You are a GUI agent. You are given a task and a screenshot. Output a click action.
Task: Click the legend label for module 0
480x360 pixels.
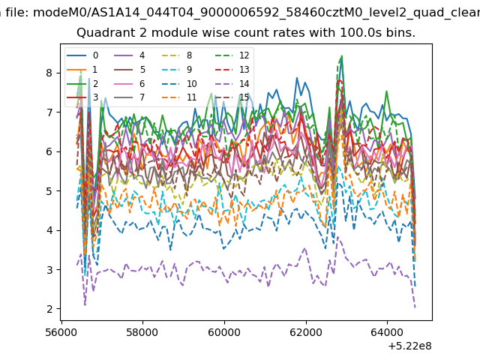pyautogui.click(x=95, y=55)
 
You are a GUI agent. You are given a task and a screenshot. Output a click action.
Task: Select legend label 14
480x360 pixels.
pyautogui.click(x=244, y=83)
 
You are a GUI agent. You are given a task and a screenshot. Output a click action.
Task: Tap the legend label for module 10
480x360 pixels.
pyautogui.click(x=192, y=83)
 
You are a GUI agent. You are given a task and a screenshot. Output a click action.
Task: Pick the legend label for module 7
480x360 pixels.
pyautogui.click(x=142, y=97)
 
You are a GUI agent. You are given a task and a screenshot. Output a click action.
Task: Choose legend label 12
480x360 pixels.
pyautogui.click(x=244, y=55)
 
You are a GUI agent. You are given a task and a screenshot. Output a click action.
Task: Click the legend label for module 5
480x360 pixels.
pyautogui.click(x=142, y=70)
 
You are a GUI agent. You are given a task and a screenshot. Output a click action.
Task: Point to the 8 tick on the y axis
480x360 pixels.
pyautogui.click(x=49, y=73)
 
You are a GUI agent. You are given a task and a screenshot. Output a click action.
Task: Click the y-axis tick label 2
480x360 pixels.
pyautogui.click(x=49, y=309)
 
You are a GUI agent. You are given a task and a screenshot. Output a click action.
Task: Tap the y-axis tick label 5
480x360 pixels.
pyautogui.click(x=49, y=191)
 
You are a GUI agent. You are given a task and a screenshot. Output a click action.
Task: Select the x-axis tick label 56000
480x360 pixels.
pyautogui.click(x=61, y=332)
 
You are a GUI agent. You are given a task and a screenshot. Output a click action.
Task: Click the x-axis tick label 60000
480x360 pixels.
pyautogui.click(x=224, y=332)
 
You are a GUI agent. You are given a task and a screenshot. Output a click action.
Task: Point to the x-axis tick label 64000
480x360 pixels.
pyautogui.click(x=387, y=332)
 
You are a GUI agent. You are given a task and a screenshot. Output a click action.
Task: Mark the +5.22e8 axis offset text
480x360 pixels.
pyautogui.click(x=409, y=346)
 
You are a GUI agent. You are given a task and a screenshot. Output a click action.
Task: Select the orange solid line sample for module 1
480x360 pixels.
pyautogui.click(x=76, y=70)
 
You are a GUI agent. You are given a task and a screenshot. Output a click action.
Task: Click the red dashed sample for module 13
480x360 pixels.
pyautogui.click(x=223, y=70)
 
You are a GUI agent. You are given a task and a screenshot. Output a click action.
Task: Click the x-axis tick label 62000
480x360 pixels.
pyautogui.click(x=305, y=332)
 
